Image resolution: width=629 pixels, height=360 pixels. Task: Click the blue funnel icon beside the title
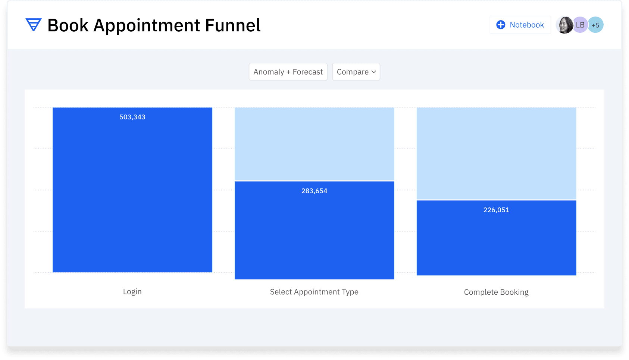point(34,24)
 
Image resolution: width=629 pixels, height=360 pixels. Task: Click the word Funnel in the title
point(233,25)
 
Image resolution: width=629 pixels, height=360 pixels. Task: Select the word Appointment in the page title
point(147,26)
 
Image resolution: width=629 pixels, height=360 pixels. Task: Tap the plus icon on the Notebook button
point(500,25)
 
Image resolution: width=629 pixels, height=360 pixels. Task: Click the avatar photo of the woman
point(564,25)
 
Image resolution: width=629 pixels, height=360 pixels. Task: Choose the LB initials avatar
point(580,25)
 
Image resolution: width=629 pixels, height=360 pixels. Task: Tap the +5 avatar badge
point(595,25)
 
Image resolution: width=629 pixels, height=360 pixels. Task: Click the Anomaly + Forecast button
point(288,72)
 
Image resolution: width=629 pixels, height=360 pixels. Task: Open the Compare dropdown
point(356,72)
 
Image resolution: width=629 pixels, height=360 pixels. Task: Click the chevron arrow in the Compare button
point(373,72)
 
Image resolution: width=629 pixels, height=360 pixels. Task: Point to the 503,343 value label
point(132,117)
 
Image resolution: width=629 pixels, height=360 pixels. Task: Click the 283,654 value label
point(314,191)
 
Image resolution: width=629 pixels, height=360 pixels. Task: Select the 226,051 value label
point(496,210)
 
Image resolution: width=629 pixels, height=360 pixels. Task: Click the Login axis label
point(132,292)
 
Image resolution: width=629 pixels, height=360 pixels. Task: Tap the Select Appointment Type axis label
point(314,292)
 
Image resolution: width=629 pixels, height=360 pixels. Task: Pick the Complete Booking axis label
point(496,292)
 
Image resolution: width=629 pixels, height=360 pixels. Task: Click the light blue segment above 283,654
point(314,144)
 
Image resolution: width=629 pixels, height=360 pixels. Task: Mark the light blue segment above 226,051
point(497,153)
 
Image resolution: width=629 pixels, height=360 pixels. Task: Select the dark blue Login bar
point(132,190)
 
